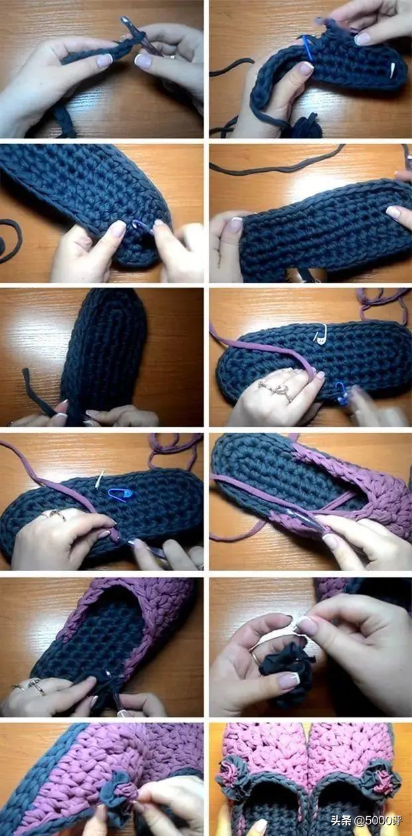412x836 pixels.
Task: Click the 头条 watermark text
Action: (340, 821)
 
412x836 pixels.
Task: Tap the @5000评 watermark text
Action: (377, 821)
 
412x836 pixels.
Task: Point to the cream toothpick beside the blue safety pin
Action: (100, 479)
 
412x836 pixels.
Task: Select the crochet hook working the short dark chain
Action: (138, 36)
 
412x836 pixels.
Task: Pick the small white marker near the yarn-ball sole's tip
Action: (392, 70)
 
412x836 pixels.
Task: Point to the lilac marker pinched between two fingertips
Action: (141, 225)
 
